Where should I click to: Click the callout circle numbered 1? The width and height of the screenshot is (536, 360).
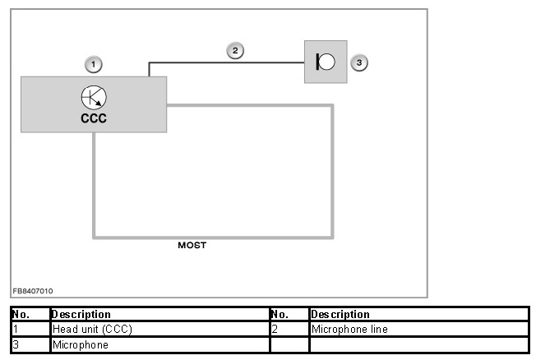click(94, 63)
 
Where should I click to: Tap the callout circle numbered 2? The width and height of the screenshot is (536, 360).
click(235, 50)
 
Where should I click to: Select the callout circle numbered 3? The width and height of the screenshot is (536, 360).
click(358, 62)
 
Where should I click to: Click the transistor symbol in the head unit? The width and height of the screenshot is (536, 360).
click(93, 98)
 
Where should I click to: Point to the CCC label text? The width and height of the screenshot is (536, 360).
click(93, 118)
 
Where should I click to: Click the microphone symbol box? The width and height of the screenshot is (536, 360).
click(326, 62)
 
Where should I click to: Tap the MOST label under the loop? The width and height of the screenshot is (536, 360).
click(192, 245)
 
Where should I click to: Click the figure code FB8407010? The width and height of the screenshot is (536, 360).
click(33, 291)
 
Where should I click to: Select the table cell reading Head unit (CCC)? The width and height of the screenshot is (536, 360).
click(92, 330)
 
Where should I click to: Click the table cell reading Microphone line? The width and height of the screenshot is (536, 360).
click(349, 330)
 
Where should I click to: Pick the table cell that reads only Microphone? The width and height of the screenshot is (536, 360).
click(81, 345)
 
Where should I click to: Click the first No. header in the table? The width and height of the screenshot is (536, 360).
click(21, 314)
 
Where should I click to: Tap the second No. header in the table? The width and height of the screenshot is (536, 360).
click(280, 314)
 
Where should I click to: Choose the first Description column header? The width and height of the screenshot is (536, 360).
click(81, 314)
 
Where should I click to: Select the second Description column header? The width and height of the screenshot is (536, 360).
click(340, 314)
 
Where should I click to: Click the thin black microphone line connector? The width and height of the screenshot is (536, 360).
click(226, 61)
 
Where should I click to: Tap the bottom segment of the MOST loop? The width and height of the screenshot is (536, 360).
click(214, 236)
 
